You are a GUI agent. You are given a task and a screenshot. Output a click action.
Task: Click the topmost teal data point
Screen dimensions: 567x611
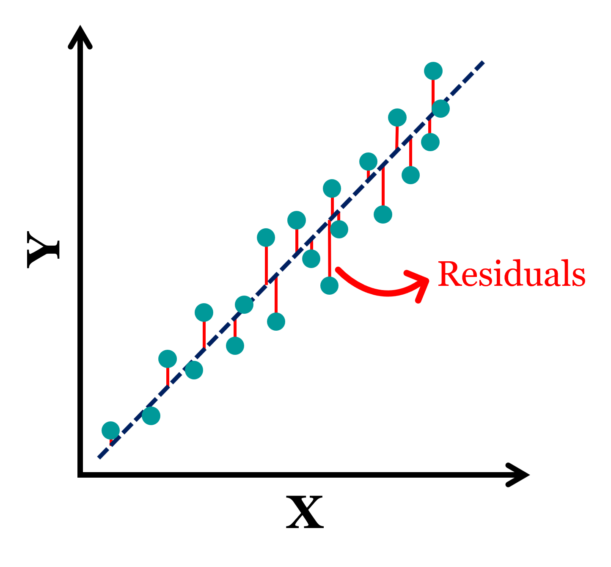coord(433,71)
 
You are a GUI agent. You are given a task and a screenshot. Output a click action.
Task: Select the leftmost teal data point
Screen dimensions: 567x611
coord(111,431)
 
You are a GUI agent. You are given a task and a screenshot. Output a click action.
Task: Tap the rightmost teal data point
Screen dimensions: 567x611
coord(440,109)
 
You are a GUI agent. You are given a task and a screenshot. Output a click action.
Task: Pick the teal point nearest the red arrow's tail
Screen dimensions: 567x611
coord(329,285)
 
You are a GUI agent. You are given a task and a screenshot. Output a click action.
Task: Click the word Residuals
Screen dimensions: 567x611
coord(511,274)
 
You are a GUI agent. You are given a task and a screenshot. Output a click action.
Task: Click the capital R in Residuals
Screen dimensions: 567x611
coord(449,274)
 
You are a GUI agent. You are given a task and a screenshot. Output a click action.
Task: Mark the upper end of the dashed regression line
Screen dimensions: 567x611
coord(483,62)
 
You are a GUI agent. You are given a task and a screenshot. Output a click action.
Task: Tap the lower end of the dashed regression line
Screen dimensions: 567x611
coord(99,457)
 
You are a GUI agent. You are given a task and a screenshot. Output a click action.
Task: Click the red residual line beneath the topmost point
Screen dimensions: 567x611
coord(433,91)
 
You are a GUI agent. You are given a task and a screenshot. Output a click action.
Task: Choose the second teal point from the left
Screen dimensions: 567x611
coord(151,415)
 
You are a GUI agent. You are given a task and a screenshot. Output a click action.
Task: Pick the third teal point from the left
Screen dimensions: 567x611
coord(168,359)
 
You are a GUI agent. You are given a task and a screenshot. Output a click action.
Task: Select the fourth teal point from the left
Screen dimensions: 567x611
coord(194,370)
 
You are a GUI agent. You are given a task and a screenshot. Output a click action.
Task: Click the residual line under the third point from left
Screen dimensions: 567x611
coord(168,377)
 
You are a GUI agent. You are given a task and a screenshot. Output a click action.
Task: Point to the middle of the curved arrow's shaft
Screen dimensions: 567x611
coord(381,292)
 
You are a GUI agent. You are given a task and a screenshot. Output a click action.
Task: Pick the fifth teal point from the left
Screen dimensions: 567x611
coord(204,313)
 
